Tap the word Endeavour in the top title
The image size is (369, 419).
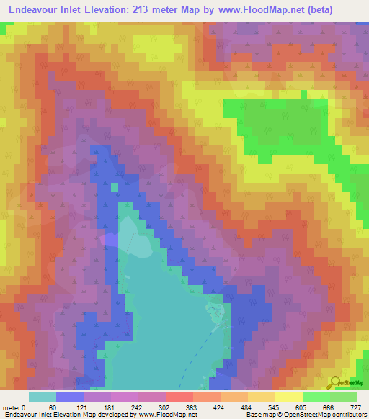[x=32, y=11]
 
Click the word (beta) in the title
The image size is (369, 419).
[x=347, y=11]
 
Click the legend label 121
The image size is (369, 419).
[x=83, y=407]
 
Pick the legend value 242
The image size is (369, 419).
[x=138, y=407]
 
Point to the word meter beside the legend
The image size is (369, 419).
[x=12, y=407]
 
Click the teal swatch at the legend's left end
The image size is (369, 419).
[x=43, y=397]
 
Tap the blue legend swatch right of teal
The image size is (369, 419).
[x=70, y=397]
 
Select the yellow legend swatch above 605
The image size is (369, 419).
[x=288, y=397]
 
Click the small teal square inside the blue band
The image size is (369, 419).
[x=114, y=187]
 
